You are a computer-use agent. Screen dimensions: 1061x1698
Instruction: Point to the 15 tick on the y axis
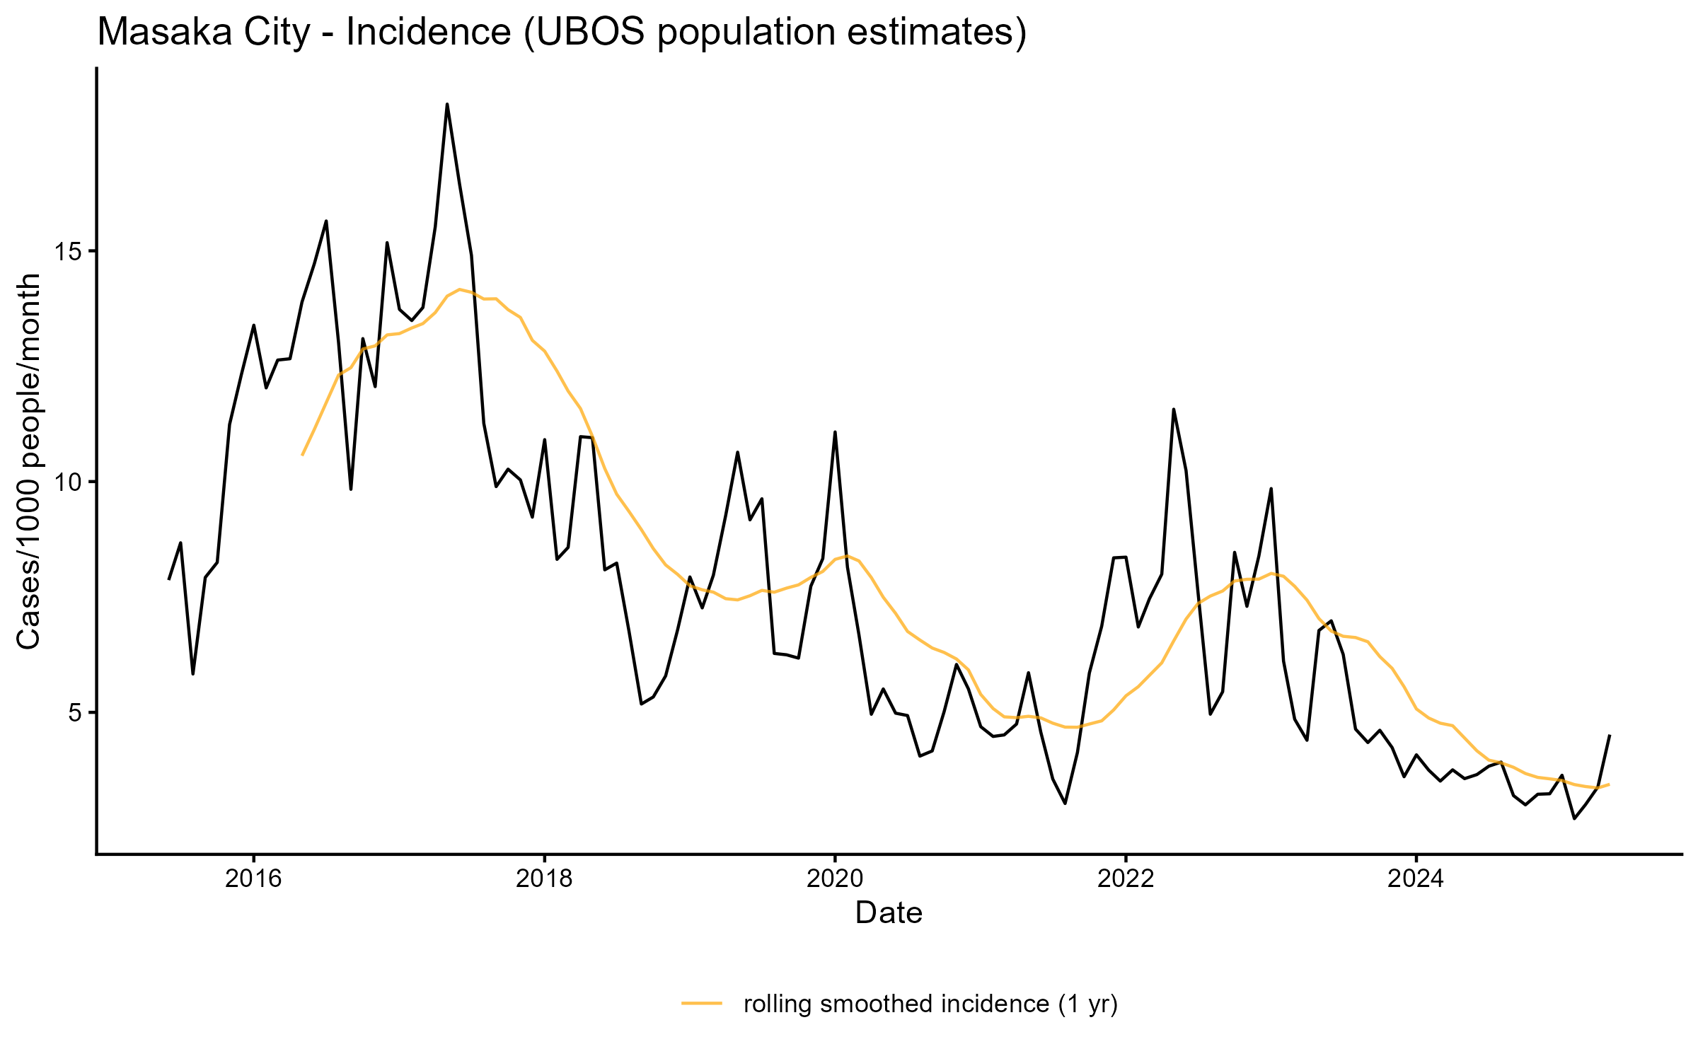click(x=68, y=252)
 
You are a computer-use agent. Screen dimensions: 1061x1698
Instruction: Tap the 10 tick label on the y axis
click(x=68, y=482)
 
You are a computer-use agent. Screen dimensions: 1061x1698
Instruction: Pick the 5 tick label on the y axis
click(x=75, y=713)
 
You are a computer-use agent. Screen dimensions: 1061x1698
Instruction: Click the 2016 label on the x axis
click(x=253, y=879)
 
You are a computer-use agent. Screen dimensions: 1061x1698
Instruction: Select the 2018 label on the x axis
click(x=544, y=879)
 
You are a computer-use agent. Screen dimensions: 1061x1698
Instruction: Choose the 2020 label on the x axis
click(x=835, y=879)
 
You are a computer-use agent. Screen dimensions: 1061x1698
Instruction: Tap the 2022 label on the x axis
click(x=1125, y=879)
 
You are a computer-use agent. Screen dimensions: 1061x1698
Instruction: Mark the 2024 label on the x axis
click(x=1416, y=879)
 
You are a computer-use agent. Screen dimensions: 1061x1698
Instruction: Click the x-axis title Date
click(x=889, y=913)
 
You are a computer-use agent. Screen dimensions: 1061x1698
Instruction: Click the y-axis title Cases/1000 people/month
click(x=28, y=461)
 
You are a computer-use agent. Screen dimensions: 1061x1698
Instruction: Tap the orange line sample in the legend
click(x=702, y=1003)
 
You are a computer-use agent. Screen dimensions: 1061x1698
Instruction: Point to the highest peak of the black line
click(x=447, y=105)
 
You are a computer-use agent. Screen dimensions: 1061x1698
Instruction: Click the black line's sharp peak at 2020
click(x=835, y=432)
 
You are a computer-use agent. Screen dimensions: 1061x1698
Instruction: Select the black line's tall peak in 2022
click(x=1174, y=410)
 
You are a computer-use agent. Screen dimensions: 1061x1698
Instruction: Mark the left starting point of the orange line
click(x=302, y=455)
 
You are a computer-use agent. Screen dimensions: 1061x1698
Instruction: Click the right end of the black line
click(x=1610, y=736)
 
